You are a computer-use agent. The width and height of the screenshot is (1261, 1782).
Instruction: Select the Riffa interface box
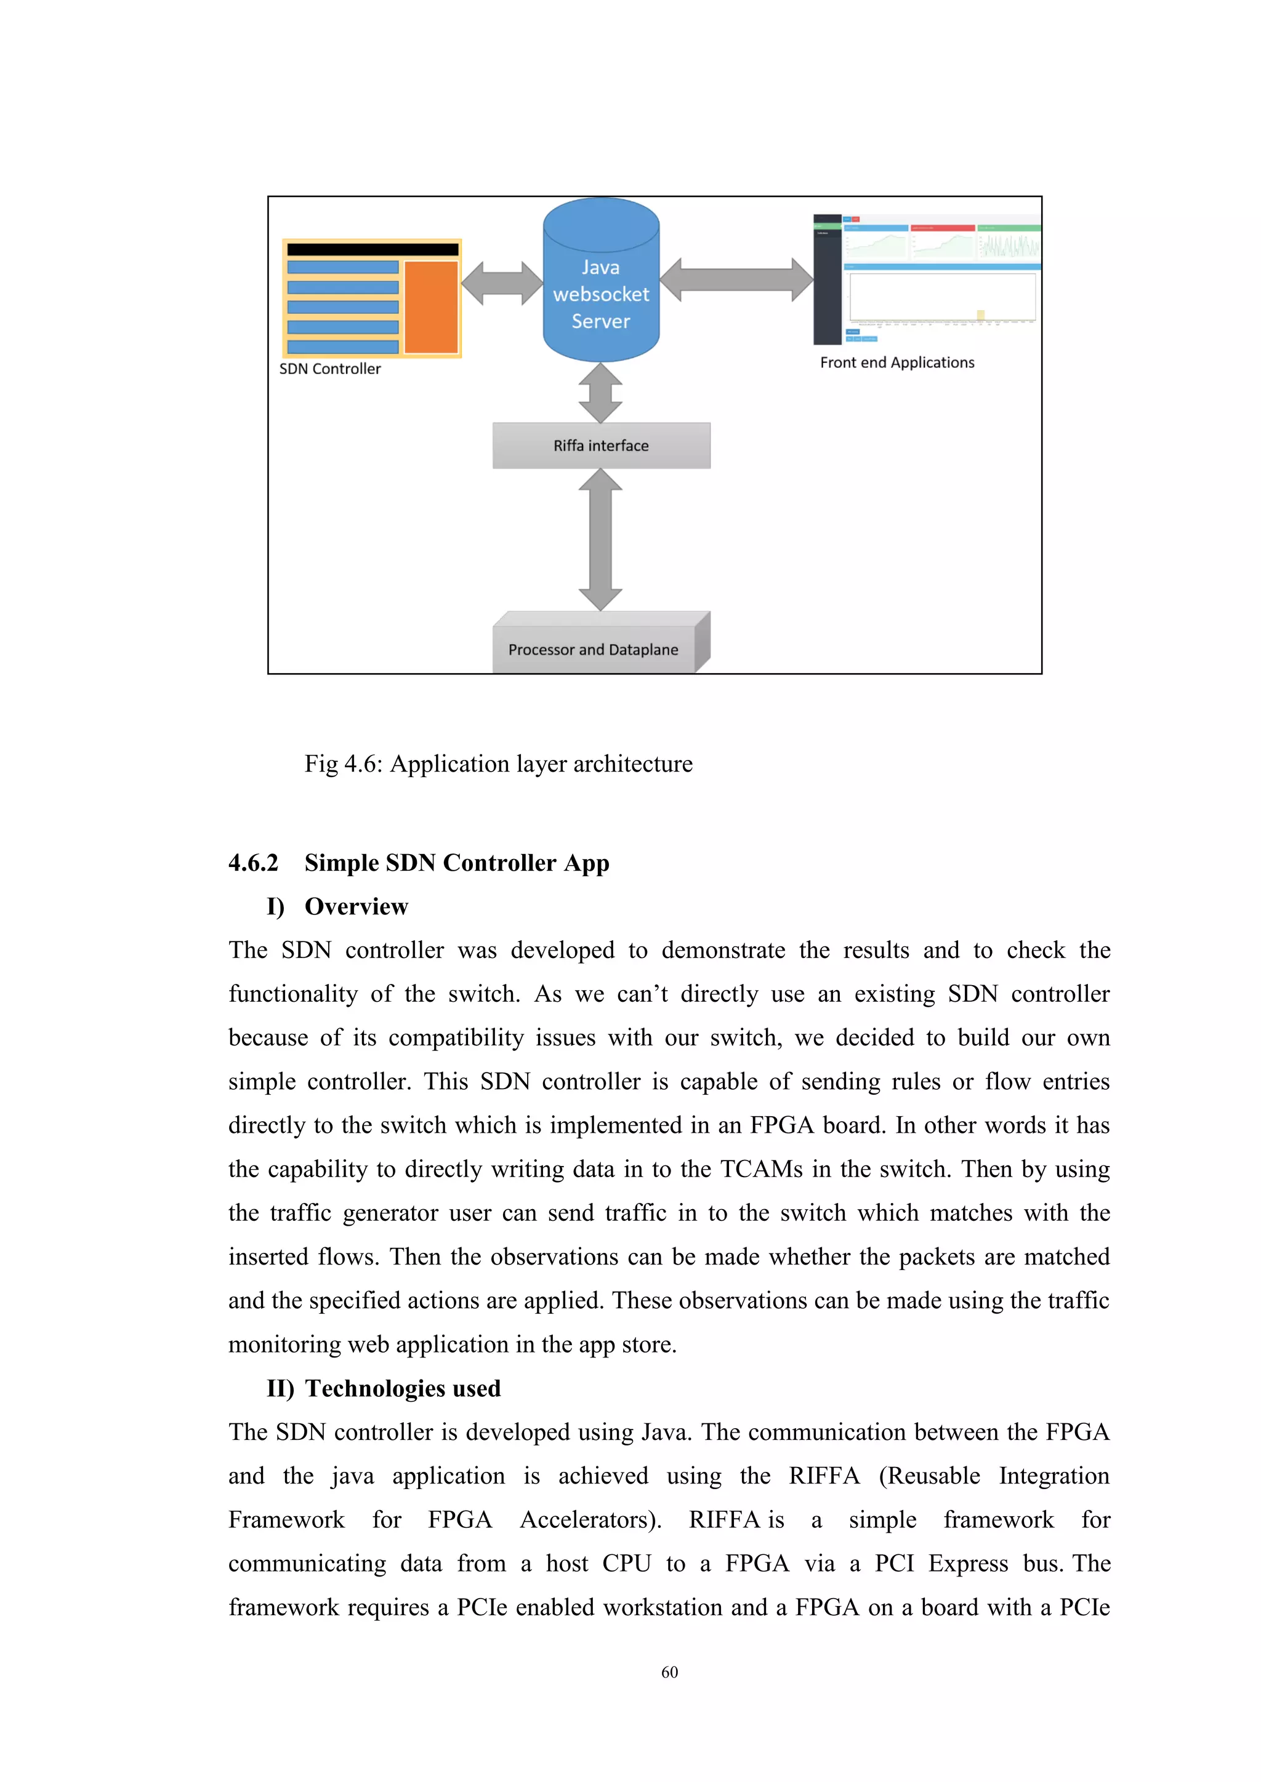tap(601, 445)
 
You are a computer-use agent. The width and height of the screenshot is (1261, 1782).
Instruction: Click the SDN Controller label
tap(330, 369)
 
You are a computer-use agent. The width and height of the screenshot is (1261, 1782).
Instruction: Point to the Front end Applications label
tap(897, 362)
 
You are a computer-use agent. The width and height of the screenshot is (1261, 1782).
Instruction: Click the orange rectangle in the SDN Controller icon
tap(431, 307)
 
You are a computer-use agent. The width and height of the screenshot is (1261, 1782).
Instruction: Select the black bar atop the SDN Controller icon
tap(373, 249)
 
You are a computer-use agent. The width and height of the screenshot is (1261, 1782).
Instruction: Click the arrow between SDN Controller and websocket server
tap(502, 283)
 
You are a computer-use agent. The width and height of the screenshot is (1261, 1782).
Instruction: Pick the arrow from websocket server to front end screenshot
tap(736, 279)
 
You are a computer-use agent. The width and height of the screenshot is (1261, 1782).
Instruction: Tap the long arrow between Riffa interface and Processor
tap(600, 540)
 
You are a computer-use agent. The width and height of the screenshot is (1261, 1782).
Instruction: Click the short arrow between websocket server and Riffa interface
tap(600, 393)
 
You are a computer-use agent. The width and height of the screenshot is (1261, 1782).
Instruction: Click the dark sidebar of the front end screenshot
tap(827, 287)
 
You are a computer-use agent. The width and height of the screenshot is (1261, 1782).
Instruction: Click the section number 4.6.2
tap(253, 863)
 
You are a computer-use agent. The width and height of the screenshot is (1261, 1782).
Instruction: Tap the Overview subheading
tap(356, 906)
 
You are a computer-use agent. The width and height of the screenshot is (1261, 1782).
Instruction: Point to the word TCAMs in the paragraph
tap(761, 1169)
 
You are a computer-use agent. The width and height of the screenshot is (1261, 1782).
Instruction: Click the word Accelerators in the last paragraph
tap(589, 1520)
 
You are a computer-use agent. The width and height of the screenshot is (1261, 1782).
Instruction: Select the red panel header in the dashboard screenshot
tap(942, 228)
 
